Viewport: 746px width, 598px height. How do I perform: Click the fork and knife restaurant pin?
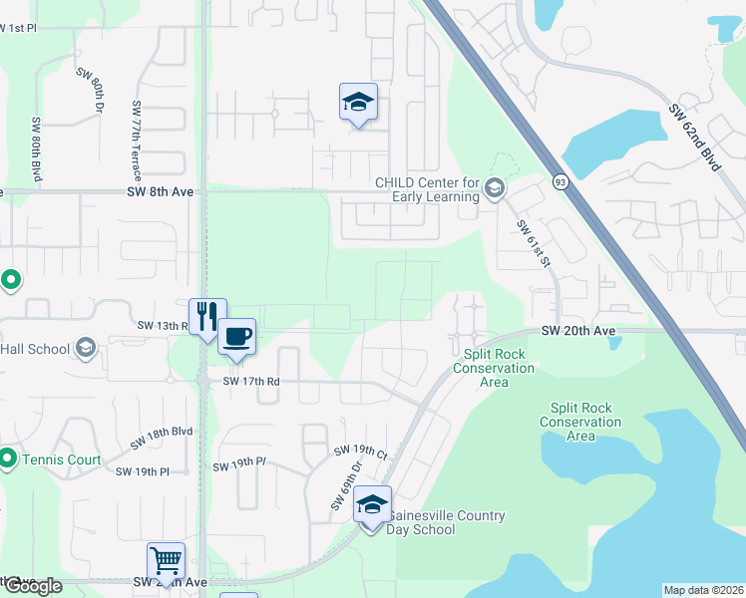click(207, 316)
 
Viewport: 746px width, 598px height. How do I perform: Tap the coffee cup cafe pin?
click(236, 336)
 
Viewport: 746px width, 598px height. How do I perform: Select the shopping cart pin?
click(166, 560)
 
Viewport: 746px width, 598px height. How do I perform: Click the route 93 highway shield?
click(561, 181)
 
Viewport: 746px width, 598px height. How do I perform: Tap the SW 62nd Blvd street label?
click(695, 138)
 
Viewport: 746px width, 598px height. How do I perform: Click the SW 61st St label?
click(534, 243)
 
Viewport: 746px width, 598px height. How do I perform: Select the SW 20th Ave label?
click(579, 330)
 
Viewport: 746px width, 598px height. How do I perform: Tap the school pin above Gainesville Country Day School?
click(372, 505)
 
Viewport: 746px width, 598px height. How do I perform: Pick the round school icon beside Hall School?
click(86, 348)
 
